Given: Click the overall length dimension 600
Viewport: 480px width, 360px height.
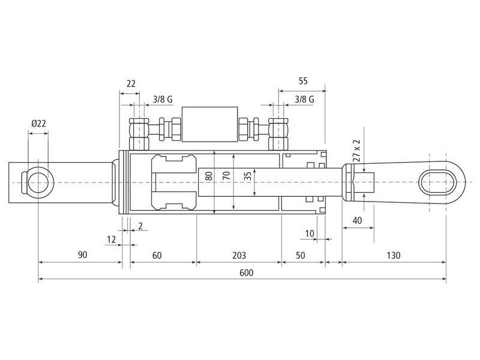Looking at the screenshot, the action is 247,272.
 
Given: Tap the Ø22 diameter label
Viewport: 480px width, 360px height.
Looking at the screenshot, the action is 38,124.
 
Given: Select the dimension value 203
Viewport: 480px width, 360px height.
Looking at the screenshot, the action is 239,255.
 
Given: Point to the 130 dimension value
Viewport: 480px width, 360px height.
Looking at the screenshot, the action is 394,255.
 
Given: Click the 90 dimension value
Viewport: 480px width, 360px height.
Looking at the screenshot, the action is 82,254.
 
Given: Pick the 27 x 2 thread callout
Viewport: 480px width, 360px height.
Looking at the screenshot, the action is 356,151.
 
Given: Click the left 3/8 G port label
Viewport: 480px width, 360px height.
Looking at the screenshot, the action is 163,99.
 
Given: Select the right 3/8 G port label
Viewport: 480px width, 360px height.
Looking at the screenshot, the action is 304,99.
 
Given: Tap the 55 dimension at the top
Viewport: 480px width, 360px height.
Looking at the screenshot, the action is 303,81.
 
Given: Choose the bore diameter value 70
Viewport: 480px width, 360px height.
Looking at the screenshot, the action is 227,175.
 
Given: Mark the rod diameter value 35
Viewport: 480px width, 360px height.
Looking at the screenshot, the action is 248,176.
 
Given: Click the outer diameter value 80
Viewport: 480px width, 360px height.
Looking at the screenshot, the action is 209,176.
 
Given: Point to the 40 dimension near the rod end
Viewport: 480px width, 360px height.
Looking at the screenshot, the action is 357,220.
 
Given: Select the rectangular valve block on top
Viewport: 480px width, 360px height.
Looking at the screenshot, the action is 209,124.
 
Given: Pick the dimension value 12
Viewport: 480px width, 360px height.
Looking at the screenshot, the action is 112,239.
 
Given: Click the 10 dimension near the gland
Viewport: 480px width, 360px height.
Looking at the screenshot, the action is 310,233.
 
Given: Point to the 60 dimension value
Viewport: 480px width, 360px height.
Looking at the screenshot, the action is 157,255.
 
